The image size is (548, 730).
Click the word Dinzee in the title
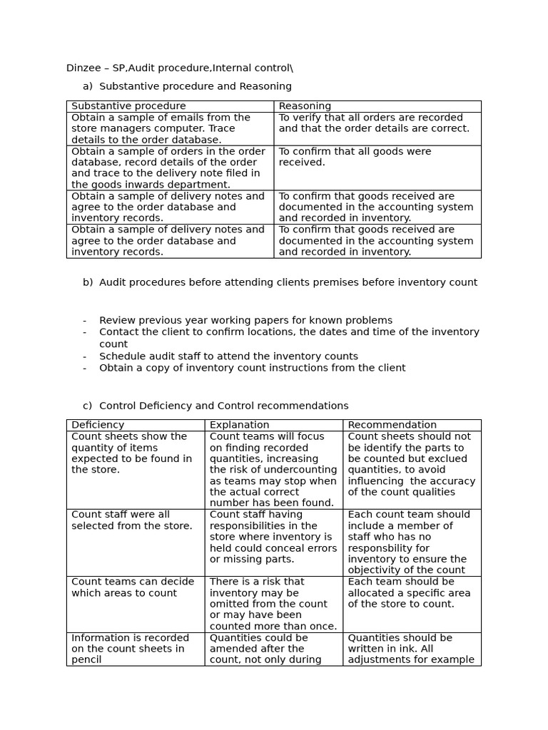(x=83, y=68)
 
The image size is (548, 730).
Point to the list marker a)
(x=88, y=86)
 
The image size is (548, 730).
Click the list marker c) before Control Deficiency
(x=88, y=406)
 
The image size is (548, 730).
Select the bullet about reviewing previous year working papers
(x=245, y=320)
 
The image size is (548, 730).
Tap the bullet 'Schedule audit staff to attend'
(x=228, y=356)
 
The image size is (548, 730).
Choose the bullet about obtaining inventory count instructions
(x=252, y=368)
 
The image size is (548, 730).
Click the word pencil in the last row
(x=86, y=660)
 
